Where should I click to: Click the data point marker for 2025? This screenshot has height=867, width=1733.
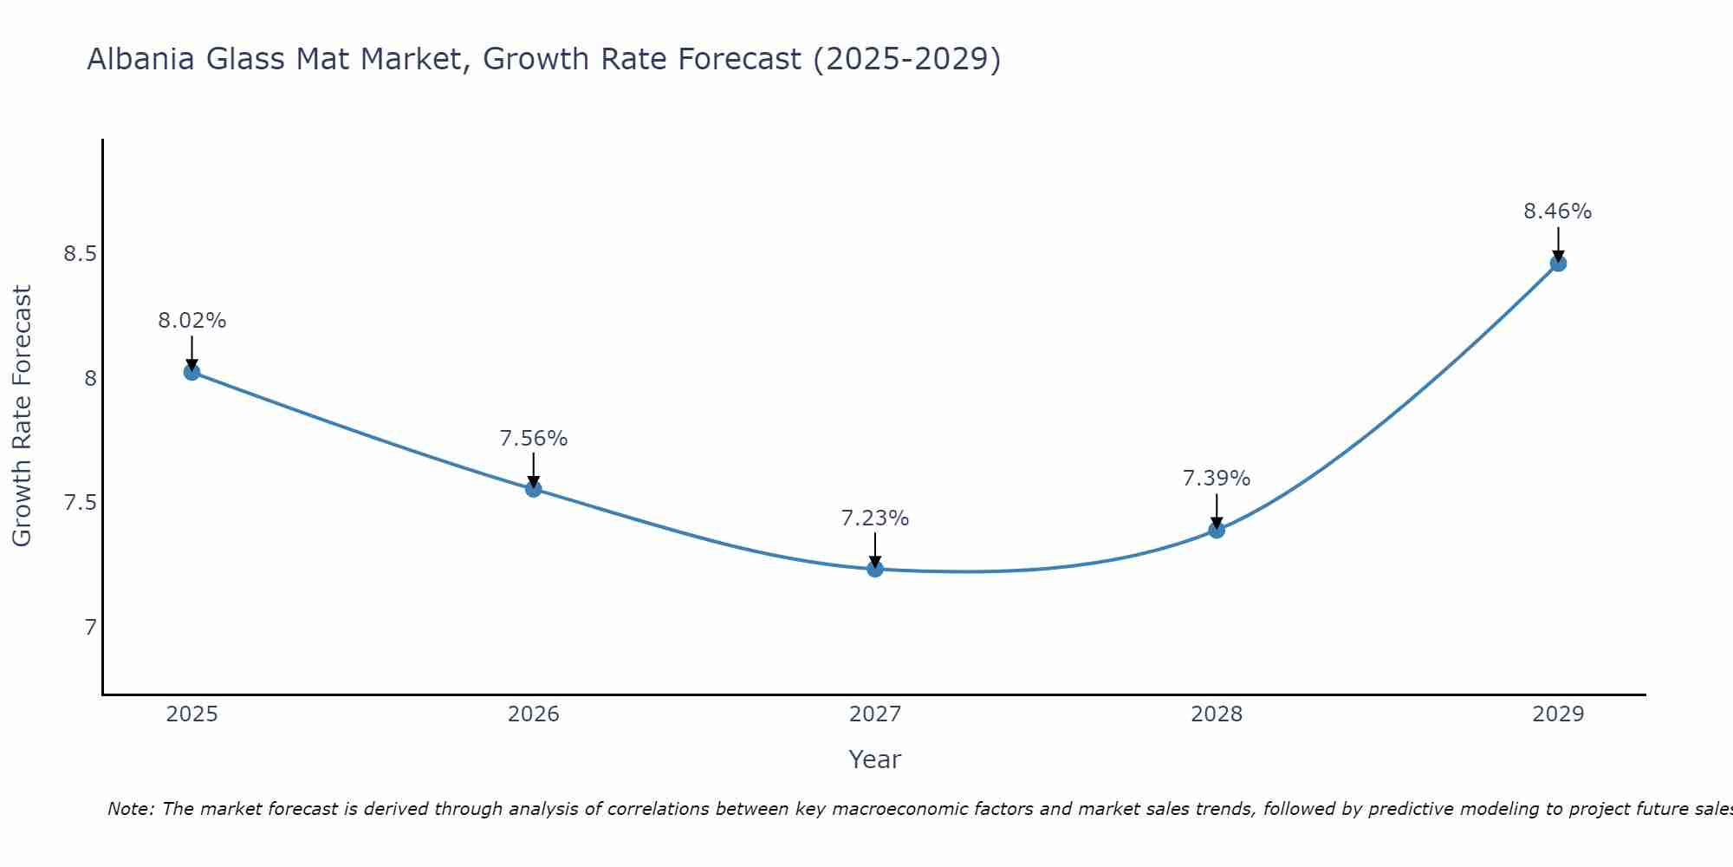[x=191, y=372]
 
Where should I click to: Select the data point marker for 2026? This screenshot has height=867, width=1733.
[x=534, y=489]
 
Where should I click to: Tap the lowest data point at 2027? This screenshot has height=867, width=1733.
[x=875, y=569]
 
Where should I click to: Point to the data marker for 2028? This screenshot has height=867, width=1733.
[x=1217, y=530]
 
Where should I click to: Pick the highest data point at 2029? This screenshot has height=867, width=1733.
[x=1558, y=263]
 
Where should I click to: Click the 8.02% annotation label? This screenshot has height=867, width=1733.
[x=191, y=321]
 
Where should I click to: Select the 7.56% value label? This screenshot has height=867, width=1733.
[x=534, y=439]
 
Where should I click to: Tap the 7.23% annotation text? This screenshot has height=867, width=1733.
[x=875, y=518]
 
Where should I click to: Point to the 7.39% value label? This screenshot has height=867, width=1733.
[x=1217, y=479]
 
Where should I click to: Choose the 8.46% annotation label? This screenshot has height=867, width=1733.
[x=1558, y=212]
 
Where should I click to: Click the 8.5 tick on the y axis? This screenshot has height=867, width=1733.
[x=80, y=254]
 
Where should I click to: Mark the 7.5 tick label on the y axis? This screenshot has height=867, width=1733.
[x=80, y=503]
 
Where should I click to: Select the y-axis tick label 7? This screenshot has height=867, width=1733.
[x=90, y=627]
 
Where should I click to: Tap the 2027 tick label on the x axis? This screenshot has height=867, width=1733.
[x=875, y=714]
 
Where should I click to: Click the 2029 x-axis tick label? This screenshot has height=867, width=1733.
[x=1558, y=714]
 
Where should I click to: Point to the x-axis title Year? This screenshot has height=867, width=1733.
[x=875, y=759]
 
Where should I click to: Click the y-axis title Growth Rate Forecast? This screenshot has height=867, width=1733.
[x=22, y=416]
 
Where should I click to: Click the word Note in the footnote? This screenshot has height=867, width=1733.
[x=129, y=809]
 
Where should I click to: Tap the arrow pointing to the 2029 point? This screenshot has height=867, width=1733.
[x=1558, y=244]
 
